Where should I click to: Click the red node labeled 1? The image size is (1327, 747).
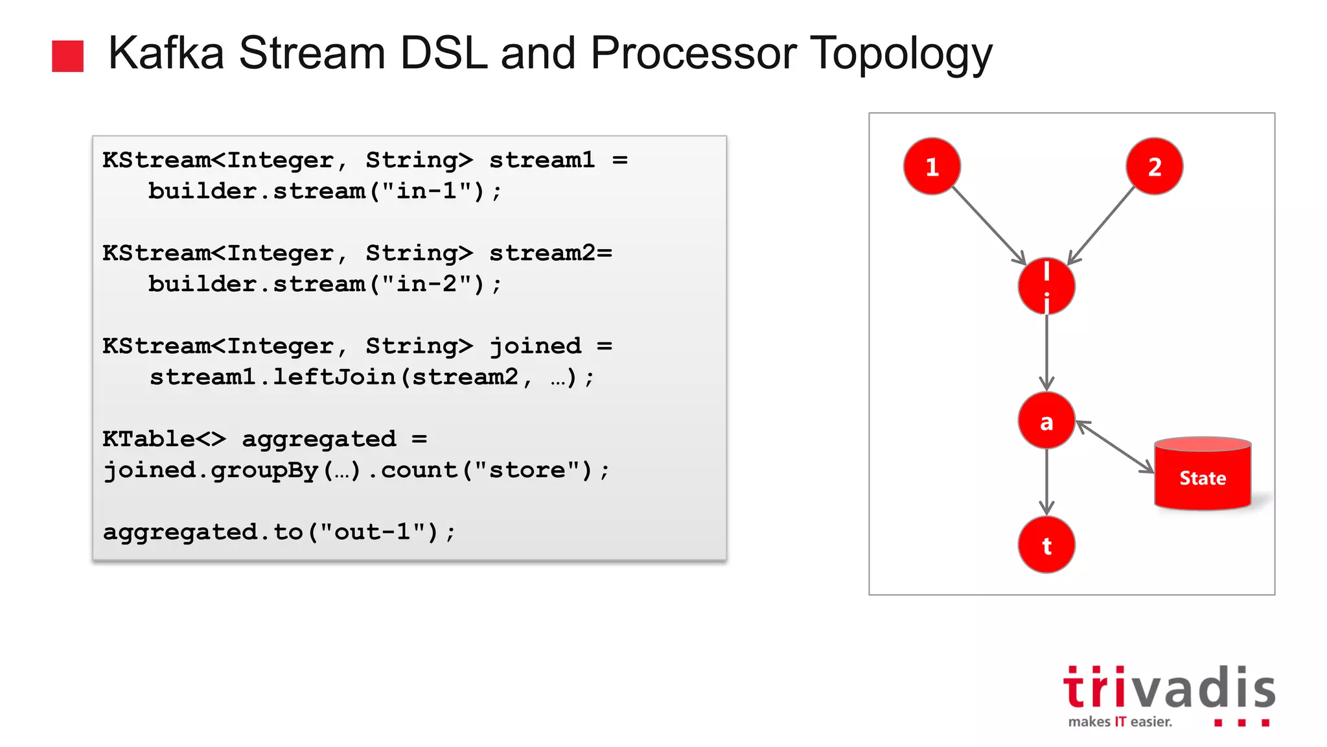tap(932, 166)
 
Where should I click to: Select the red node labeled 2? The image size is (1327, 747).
tap(1154, 166)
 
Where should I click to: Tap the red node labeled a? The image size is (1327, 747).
tap(1046, 421)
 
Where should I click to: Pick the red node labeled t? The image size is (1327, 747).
tap(1046, 545)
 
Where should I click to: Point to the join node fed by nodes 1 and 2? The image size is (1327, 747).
tap(1046, 286)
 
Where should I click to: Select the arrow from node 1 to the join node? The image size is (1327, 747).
tap(988, 226)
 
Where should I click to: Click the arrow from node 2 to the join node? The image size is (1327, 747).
tap(1102, 225)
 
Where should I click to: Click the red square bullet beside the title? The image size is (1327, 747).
tap(68, 56)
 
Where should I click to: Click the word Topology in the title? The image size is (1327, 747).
tap(901, 53)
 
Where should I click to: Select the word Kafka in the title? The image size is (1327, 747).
tap(166, 53)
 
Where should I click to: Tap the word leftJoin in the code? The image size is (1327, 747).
tap(334, 377)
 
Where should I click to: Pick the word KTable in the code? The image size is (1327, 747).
tap(148, 439)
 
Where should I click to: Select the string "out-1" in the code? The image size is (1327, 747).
tap(379, 532)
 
